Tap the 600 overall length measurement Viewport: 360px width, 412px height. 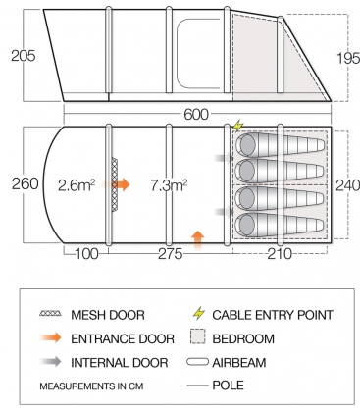tap(196, 114)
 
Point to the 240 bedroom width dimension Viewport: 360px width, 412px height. tap(344, 183)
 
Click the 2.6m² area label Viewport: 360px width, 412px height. tap(78, 184)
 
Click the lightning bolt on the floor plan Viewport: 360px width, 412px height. tap(239, 127)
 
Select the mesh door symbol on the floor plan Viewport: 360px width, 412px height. tap(114, 182)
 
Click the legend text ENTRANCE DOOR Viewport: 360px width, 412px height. tap(123, 338)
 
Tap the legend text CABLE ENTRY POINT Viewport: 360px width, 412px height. tap(278, 315)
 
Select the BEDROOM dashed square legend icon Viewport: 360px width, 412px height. tap(199, 338)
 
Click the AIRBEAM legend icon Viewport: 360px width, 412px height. tap(199, 362)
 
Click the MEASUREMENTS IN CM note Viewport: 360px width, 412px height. tap(93, 385)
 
